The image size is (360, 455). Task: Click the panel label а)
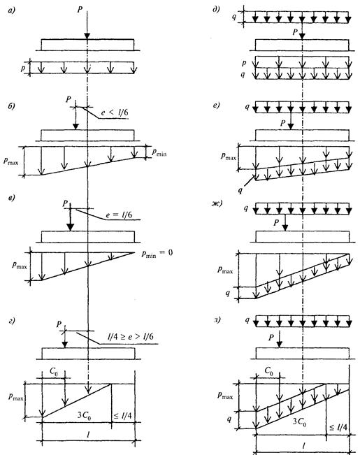click(x=12, y=11)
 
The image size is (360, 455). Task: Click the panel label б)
click(x=11, y=106)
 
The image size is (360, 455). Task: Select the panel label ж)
click(x=217, y=203)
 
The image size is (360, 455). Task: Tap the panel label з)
click(x=217, y=320)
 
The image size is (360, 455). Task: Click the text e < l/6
click(x=114, y=113)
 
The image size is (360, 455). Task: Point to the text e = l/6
click(x=119, y=215)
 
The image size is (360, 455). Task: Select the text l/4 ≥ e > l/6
click(x=130, y=337)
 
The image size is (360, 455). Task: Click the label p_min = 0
click(x=157, y=253)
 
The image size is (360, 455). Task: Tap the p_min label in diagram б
click(x=159, y=152)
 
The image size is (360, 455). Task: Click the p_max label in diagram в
click(x=19, y=265)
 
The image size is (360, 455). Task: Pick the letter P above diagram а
click(x=80, y=10)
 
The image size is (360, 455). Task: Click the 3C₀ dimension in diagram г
click(x=84, y=416)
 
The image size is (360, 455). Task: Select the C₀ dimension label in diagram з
click(x=269, y=371)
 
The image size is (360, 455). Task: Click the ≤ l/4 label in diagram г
click(x=122, y=416)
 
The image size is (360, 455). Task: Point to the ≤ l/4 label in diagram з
click(x=338, y=427)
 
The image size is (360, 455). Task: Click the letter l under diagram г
click(x=88, y=434)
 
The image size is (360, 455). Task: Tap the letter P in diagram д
click(x=295, y=32)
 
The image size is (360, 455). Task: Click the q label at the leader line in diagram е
click(x=240, y=191)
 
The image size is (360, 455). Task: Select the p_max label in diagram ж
click(x=225, y=270)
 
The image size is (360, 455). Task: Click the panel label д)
click(x=216, y=10)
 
